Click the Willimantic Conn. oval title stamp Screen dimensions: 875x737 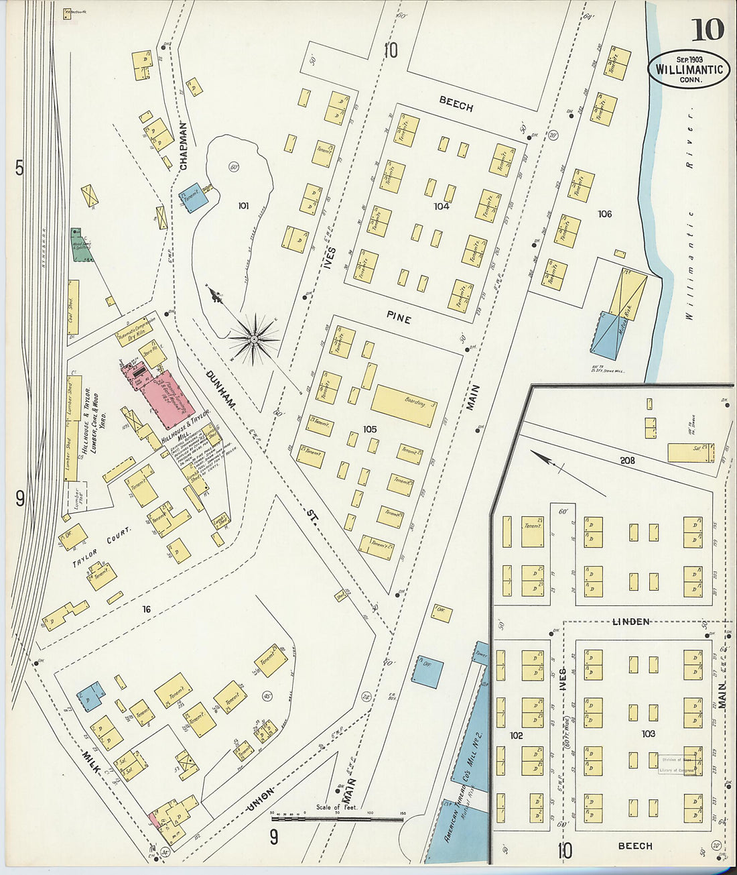(689, 69)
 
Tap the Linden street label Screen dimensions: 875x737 (630, 622)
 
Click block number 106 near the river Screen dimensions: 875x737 (604, 214)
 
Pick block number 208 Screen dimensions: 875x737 (627, 461)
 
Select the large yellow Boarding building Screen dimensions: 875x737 (403, 405)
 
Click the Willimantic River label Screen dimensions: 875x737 (692, 215)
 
